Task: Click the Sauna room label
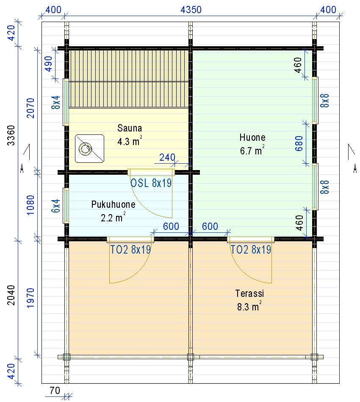130,128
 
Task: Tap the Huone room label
252,137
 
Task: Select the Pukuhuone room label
113,204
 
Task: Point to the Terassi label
249,293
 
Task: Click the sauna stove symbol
90,149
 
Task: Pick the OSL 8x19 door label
151,183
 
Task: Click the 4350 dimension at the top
191,10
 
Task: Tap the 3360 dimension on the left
11,135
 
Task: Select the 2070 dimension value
30,108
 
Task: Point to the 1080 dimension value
30,205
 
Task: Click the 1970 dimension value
30,298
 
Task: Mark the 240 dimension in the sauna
167,157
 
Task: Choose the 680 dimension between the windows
299,143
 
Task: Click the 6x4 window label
56,206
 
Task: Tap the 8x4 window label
56,102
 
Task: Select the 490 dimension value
48,64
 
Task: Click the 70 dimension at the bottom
55,391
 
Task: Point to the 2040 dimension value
11,295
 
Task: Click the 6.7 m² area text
252,151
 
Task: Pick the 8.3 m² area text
249,306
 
